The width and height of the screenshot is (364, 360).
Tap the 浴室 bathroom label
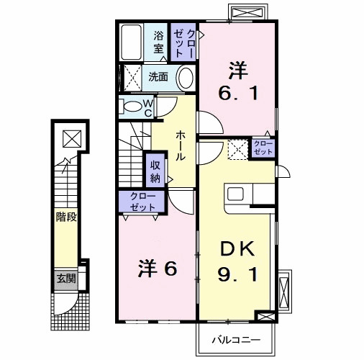[158, 42]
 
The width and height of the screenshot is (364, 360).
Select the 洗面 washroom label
[158, 76]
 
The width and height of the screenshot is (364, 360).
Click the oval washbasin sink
[185, 78]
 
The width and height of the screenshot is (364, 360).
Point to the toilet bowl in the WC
[132, 107]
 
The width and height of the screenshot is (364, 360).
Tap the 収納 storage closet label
[155, 172]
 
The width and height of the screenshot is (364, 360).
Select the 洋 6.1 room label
[237, 81]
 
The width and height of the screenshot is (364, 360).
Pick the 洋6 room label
[158, 268]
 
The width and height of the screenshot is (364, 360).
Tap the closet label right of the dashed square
[262, 148]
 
